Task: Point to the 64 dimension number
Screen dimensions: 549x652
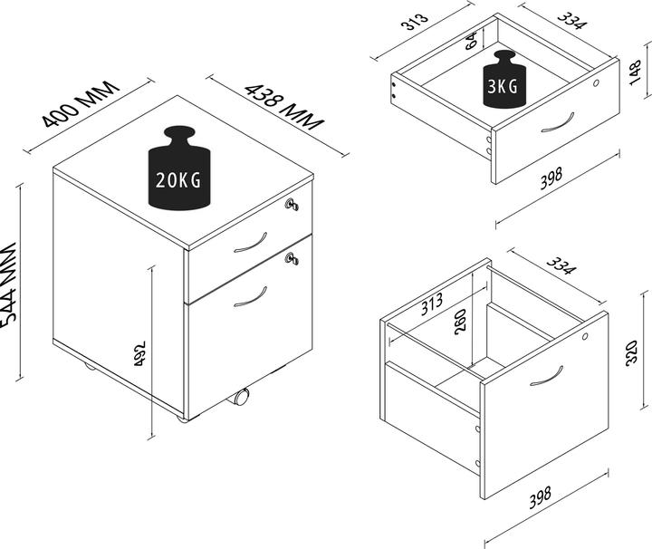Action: point(472,39)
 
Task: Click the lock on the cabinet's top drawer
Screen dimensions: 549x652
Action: point(291,205)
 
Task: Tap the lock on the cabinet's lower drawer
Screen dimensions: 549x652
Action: point(292,261)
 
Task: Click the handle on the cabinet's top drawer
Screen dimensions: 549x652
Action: point(249,244)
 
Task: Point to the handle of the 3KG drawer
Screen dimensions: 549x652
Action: point(558,122)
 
